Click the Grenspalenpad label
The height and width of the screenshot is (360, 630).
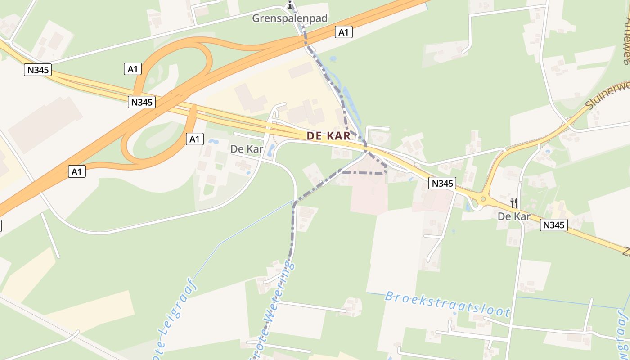[289, 18]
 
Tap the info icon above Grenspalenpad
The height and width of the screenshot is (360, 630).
[290, 6]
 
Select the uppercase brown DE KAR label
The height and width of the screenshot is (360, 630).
[328, 136]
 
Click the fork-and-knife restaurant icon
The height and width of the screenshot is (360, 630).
[514, 202]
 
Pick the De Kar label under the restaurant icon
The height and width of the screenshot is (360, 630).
[514, 216]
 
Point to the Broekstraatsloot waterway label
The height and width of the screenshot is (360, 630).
[447, 304]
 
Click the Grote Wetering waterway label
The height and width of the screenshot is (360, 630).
[274, 310]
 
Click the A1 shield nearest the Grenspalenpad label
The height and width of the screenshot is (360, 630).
[343, 32]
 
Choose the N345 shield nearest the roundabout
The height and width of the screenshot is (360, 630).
[443, 183]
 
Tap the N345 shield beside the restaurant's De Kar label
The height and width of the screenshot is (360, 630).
[554, 225]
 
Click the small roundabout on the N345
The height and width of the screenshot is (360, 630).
[483, 198]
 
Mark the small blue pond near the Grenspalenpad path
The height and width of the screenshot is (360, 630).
[333, 58]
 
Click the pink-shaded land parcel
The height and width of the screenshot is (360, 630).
[369, 193]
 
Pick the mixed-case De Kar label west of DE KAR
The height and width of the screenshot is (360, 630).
[246, 149]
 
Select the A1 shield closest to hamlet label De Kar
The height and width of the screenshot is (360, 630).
[194, 139]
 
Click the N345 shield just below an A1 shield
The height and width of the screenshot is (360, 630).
[142, 102]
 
